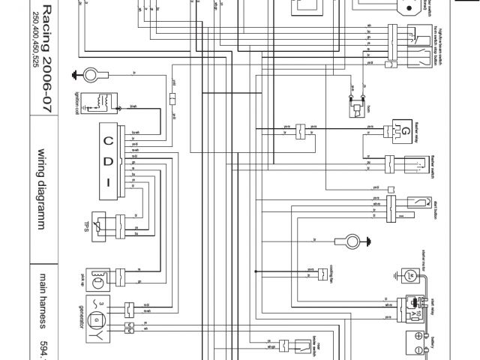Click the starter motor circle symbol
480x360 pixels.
point(409,275)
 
